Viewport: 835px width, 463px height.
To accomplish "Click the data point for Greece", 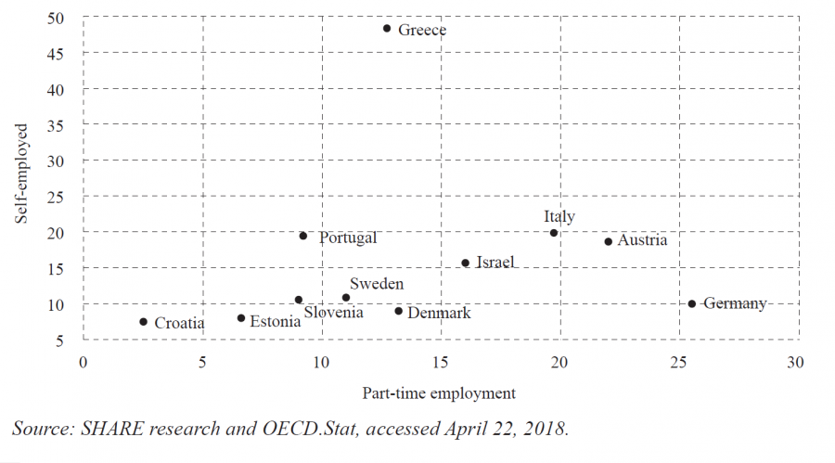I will coord(387,29).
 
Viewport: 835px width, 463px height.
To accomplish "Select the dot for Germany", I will coord(692,303).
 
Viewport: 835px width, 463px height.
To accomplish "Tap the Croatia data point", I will coord(143,322).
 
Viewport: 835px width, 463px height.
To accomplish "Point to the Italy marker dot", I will coord(554,233).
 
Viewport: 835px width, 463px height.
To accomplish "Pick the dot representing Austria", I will coord(609,241).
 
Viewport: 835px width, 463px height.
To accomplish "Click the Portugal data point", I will coord(303,236).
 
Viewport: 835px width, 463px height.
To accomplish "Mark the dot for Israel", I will coord(465,263).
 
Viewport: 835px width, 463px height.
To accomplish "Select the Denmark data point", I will coord(399,311).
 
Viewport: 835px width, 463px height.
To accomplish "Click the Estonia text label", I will coord(276,322).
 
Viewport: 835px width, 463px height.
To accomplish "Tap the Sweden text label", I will coord(377,285).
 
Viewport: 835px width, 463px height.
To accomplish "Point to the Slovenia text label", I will coord(333,313).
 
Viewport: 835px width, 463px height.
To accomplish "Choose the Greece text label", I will coord(422,31).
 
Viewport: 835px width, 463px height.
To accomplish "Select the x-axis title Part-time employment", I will coord(439,393).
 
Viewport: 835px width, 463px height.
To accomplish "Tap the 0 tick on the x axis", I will coord(83,363).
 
